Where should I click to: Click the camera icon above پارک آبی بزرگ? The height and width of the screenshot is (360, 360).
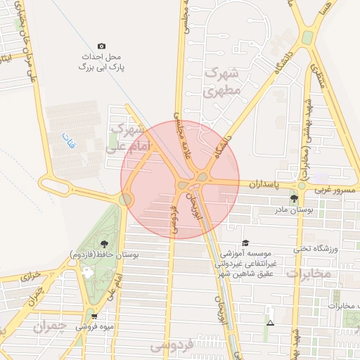(101, 46)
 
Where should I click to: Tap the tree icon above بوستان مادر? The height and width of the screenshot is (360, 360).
(294, 199)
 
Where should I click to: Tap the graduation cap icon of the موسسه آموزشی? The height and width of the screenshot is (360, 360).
(244, 242)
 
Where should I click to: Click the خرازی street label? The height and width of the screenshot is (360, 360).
(30, 276)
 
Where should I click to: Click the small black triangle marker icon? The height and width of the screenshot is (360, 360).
(271, 323)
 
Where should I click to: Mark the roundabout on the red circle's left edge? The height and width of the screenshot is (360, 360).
(126, 200)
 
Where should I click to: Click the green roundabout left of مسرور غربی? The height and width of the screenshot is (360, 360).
(302, 186)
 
